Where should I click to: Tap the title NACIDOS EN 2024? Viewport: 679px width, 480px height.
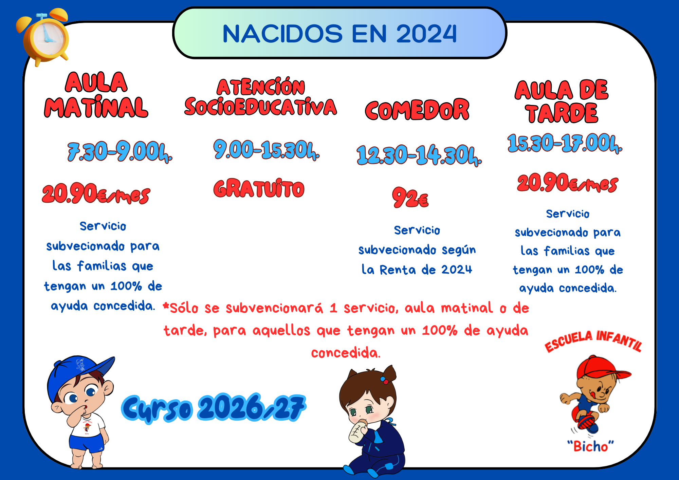click(x=340, y=34)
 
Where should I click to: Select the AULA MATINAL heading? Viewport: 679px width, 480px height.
click(x=96, y=95)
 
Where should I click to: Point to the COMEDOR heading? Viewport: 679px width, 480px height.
click(x=417, y=110)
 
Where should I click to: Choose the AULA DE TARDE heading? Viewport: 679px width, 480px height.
click(x=562, y=101)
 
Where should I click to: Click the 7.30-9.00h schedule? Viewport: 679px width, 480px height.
click(x=120, y=152)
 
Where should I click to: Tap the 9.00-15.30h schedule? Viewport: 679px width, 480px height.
click(x=267, y=150)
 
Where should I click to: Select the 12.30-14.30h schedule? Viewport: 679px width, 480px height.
click(x=419, y=155)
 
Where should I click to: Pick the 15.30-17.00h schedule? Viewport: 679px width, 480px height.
click(x=565, y=143)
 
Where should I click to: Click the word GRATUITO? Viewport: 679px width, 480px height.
click(x=259, y=188)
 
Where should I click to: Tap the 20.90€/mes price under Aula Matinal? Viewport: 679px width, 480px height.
click(x=96, y=194)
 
